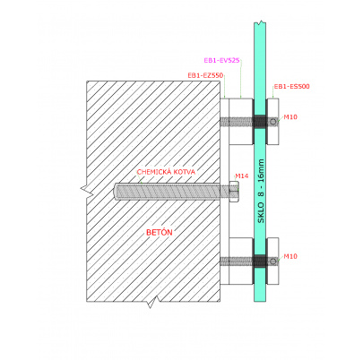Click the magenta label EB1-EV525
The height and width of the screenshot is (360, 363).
[221, 60]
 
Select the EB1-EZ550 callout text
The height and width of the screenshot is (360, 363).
[205, 75]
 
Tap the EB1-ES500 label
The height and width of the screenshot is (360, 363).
[292, 87]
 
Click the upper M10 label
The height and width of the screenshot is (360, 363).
[290, 117]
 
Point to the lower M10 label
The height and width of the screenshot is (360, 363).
[290, 256]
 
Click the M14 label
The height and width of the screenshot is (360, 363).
[242, 176]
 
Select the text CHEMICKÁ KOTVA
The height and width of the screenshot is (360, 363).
[166, 172]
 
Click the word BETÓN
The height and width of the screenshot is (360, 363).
[160, 233]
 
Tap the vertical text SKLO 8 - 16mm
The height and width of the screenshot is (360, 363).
[261, 191]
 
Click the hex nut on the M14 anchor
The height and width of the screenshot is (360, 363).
[234, 192]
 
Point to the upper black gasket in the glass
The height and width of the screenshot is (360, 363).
[260, 121]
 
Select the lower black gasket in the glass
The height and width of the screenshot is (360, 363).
[260, 261]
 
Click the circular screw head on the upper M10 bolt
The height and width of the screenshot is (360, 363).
[272, 122]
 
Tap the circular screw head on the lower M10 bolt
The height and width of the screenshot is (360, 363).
[272, 261]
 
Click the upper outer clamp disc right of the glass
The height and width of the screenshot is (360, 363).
[272, 122]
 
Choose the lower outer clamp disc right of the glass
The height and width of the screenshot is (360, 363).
[272, 261]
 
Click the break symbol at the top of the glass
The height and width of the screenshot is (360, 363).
[260, 22]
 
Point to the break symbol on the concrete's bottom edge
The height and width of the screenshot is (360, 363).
[152, 302]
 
